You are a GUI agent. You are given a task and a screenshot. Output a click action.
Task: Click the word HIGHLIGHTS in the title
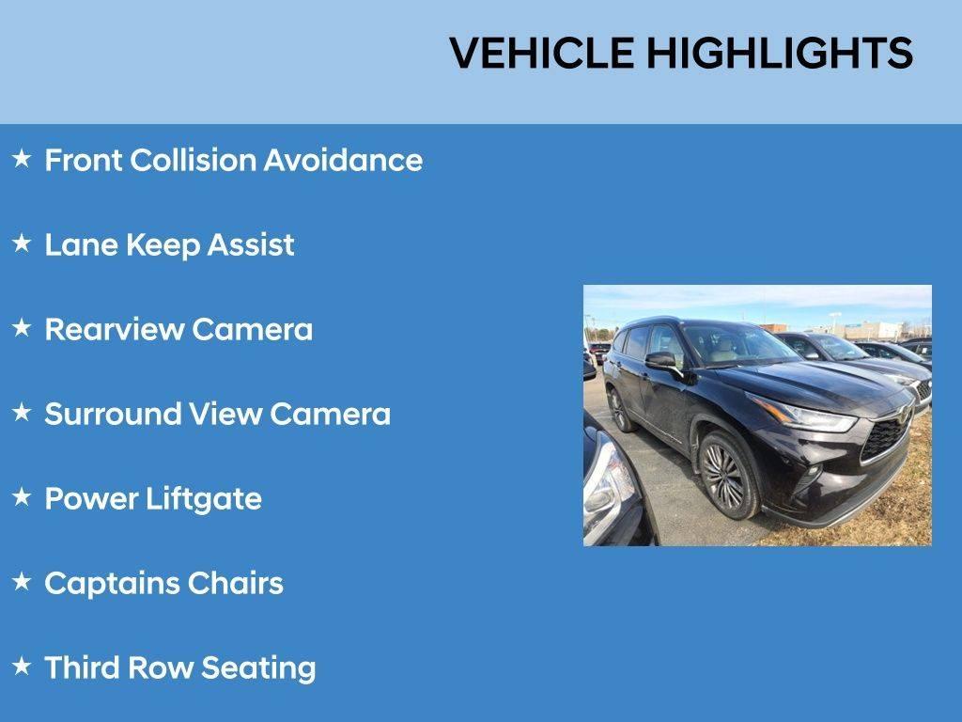point(779,53)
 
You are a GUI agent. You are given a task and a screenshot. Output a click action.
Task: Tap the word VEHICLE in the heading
point(541,53)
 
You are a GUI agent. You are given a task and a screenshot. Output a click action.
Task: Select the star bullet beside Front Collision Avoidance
point(22,159)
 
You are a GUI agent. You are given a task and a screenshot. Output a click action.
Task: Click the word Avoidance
point(342,160)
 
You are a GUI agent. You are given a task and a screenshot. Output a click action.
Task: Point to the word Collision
point(193,160)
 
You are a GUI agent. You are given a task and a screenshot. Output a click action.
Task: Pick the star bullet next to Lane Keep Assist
point(22,243)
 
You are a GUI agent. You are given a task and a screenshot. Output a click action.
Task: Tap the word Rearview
point(114,329)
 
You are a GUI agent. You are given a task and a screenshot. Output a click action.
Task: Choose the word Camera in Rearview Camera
point(252,329)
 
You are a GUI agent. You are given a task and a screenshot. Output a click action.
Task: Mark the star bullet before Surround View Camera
point(22,413)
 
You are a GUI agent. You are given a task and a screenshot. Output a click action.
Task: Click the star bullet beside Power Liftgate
point(22,497)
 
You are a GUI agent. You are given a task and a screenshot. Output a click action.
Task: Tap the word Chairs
point(235,583)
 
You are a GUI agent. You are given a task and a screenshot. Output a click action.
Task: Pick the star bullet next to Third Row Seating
point(22,667)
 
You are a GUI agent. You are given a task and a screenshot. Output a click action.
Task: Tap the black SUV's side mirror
point(660,360)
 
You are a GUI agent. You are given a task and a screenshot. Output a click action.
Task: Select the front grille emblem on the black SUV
point(903,415)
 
